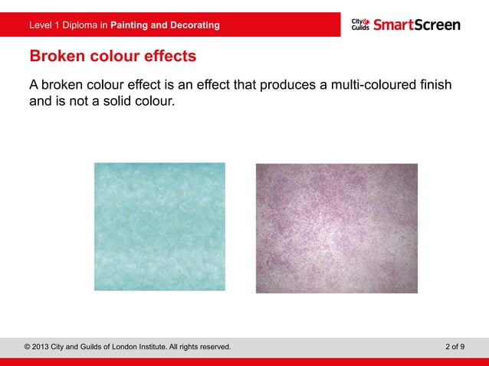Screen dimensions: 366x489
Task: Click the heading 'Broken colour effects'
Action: pos(112,57)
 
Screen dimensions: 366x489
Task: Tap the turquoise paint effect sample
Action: pos(159,227)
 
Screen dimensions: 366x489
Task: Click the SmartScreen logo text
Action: pos(417,25)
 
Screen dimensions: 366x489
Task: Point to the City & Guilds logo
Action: pos(360,25)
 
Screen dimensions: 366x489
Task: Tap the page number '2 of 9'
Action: pos(455,347)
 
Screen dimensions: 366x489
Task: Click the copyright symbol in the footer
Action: pos(28,347)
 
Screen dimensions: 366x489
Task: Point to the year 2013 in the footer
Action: pos(44,347)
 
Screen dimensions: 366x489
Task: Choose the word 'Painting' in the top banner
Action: pos(130,25)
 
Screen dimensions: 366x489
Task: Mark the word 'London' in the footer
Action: pos(120,347)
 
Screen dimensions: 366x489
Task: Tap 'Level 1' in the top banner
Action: pos(44,25)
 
